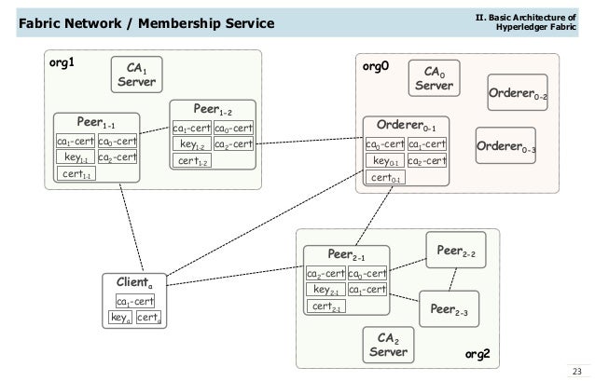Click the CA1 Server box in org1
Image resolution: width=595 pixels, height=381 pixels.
(x=136, y=75)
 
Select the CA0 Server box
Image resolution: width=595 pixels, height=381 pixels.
(x=434, y=78)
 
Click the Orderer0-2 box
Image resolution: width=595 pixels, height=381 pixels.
(x=518, y=93)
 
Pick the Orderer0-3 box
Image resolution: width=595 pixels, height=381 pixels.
(x=505, y=145)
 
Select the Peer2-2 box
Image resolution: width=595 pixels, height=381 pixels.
(x=456, y=252)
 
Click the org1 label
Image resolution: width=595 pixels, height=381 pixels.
(x=62, y=64)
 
